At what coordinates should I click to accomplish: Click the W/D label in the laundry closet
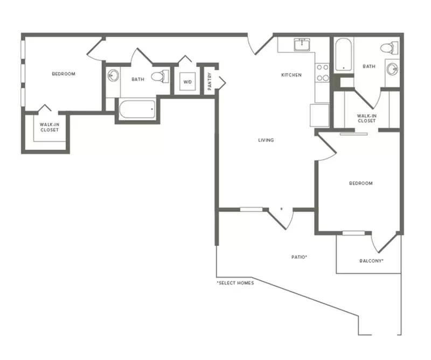pyautogui.click(x=187, y=82)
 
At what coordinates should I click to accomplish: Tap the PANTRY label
pyautogui.click(x=210, y=81)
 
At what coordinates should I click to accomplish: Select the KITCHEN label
pyautogui.click(x=291, y=75)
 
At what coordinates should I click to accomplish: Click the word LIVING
pyautogui.click(x=266, y=140)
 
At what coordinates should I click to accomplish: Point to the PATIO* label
pyautogui.click(x=299, y=257)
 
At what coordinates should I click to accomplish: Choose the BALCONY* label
pyautogui.click(x=371, y=261)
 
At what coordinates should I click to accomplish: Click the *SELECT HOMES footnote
pyautogui.click(x=235, y=283)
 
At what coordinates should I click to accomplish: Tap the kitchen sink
pyautogui.click(x=302, y=45)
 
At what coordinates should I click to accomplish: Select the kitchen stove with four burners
pyautogui.click(x=322, y=72)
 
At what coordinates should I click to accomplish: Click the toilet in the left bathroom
pyautogui.click(x=160, y=76)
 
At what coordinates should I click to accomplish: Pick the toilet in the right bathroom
pyautogui.click(x=389, y=48)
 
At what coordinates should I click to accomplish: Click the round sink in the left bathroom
pyautogui.click(x=113, y=75)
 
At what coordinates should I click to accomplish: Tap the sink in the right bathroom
pyautogui.click(x=392, y=69)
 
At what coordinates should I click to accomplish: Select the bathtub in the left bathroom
pyautogui.click(x=137, y=109)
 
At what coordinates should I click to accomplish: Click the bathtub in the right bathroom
pyautogui.click(x=343, y=54)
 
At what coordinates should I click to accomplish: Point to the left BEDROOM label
pyautogui.click(x=64, y=74)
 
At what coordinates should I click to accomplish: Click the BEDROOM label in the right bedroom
pyautogui.click(x=361, y=183)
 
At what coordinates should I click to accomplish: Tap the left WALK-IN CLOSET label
pyautogui.click(x=50, y=127)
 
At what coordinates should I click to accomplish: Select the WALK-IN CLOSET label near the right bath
pyautogui.click(x=367, y=118)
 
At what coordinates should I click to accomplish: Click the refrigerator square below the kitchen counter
pyautogui.click(x=319, y=115)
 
